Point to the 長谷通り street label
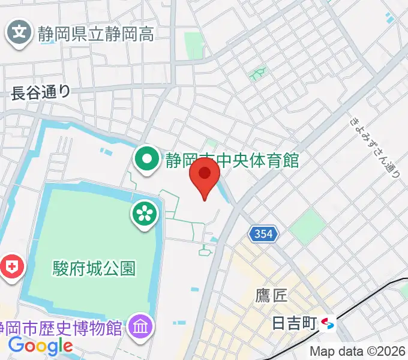point(41,91)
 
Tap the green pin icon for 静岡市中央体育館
point(146,160)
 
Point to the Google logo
point(40,346)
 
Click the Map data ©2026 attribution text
point(358,352)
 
